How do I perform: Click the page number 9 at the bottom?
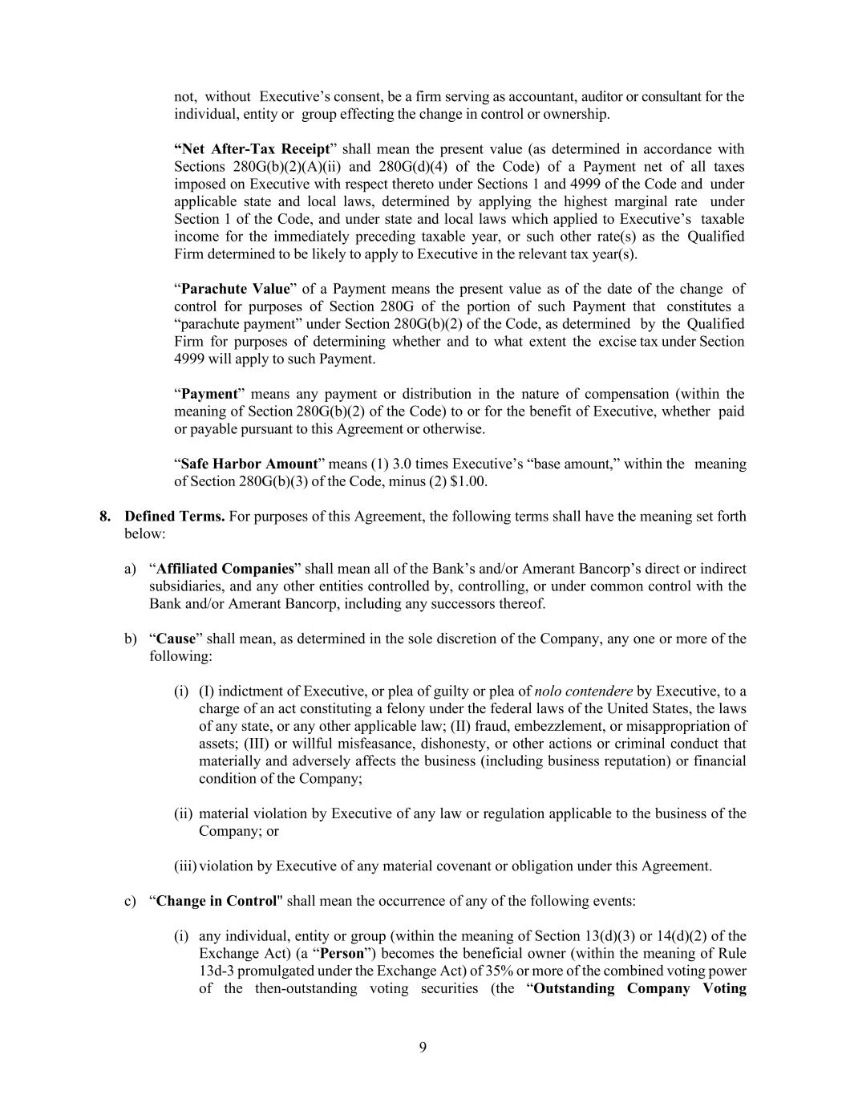pyautogui.click(x=423, y=1047)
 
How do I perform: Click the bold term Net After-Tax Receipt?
pyautogui.click(x=252, y=149)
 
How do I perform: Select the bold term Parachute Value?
pyautogui.click(x=236, y=289)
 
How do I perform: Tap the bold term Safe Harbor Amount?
pyautogui.click(x=249, y=464)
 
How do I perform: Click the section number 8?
pyautogui.click(x=105, y=516)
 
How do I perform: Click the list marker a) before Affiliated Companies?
pyautogui.click(x=130, y=569)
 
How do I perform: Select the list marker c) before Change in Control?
pyautogui.click(x=130, y=900)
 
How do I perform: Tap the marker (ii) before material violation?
pyautogui.click(x=184, y=813)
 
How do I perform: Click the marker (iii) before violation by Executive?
pyautogui.click(x=185, y=866)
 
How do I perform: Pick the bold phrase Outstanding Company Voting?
pyautogui.click(x=640, y=988)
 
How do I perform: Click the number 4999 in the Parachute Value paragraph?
pyautogui.click(x=189, y=359)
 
